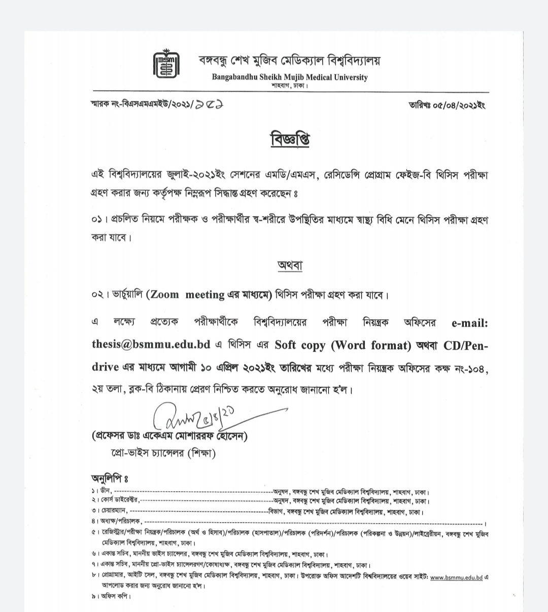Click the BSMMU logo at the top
165,64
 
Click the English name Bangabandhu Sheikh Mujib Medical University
290,77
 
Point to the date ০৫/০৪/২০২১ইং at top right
447,105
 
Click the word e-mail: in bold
469,323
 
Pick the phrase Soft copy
300,345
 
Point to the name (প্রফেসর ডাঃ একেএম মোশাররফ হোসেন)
170,436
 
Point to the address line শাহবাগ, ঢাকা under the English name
290,86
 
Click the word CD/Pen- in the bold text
466,345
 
